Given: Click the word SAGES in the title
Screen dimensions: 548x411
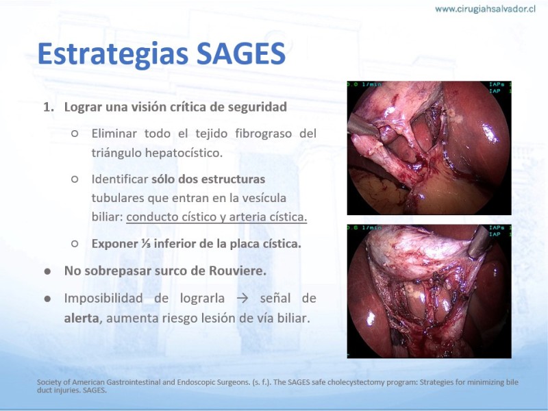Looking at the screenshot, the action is coord(241,53).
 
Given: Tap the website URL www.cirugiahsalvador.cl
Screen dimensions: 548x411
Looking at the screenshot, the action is coord(485,9).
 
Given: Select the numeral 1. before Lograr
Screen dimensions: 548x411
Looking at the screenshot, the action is coord(49,107).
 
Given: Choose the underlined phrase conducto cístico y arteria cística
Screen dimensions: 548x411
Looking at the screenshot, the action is coord(216,217).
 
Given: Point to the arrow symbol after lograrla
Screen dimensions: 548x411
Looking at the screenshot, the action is coord(242,299).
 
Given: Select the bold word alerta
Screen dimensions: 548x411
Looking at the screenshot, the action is coord(82,319).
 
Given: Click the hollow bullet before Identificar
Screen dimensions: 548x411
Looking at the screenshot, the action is coord(75,179).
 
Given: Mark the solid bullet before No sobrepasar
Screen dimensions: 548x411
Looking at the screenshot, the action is coord(47,271).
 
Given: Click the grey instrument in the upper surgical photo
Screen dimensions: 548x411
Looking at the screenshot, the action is coord(363,125).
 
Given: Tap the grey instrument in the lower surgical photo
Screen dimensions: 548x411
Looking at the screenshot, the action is coord(480,242).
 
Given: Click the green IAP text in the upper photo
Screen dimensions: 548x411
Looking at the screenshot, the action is coord(495,91).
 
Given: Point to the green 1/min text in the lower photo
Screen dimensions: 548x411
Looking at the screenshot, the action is coord(371,227).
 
